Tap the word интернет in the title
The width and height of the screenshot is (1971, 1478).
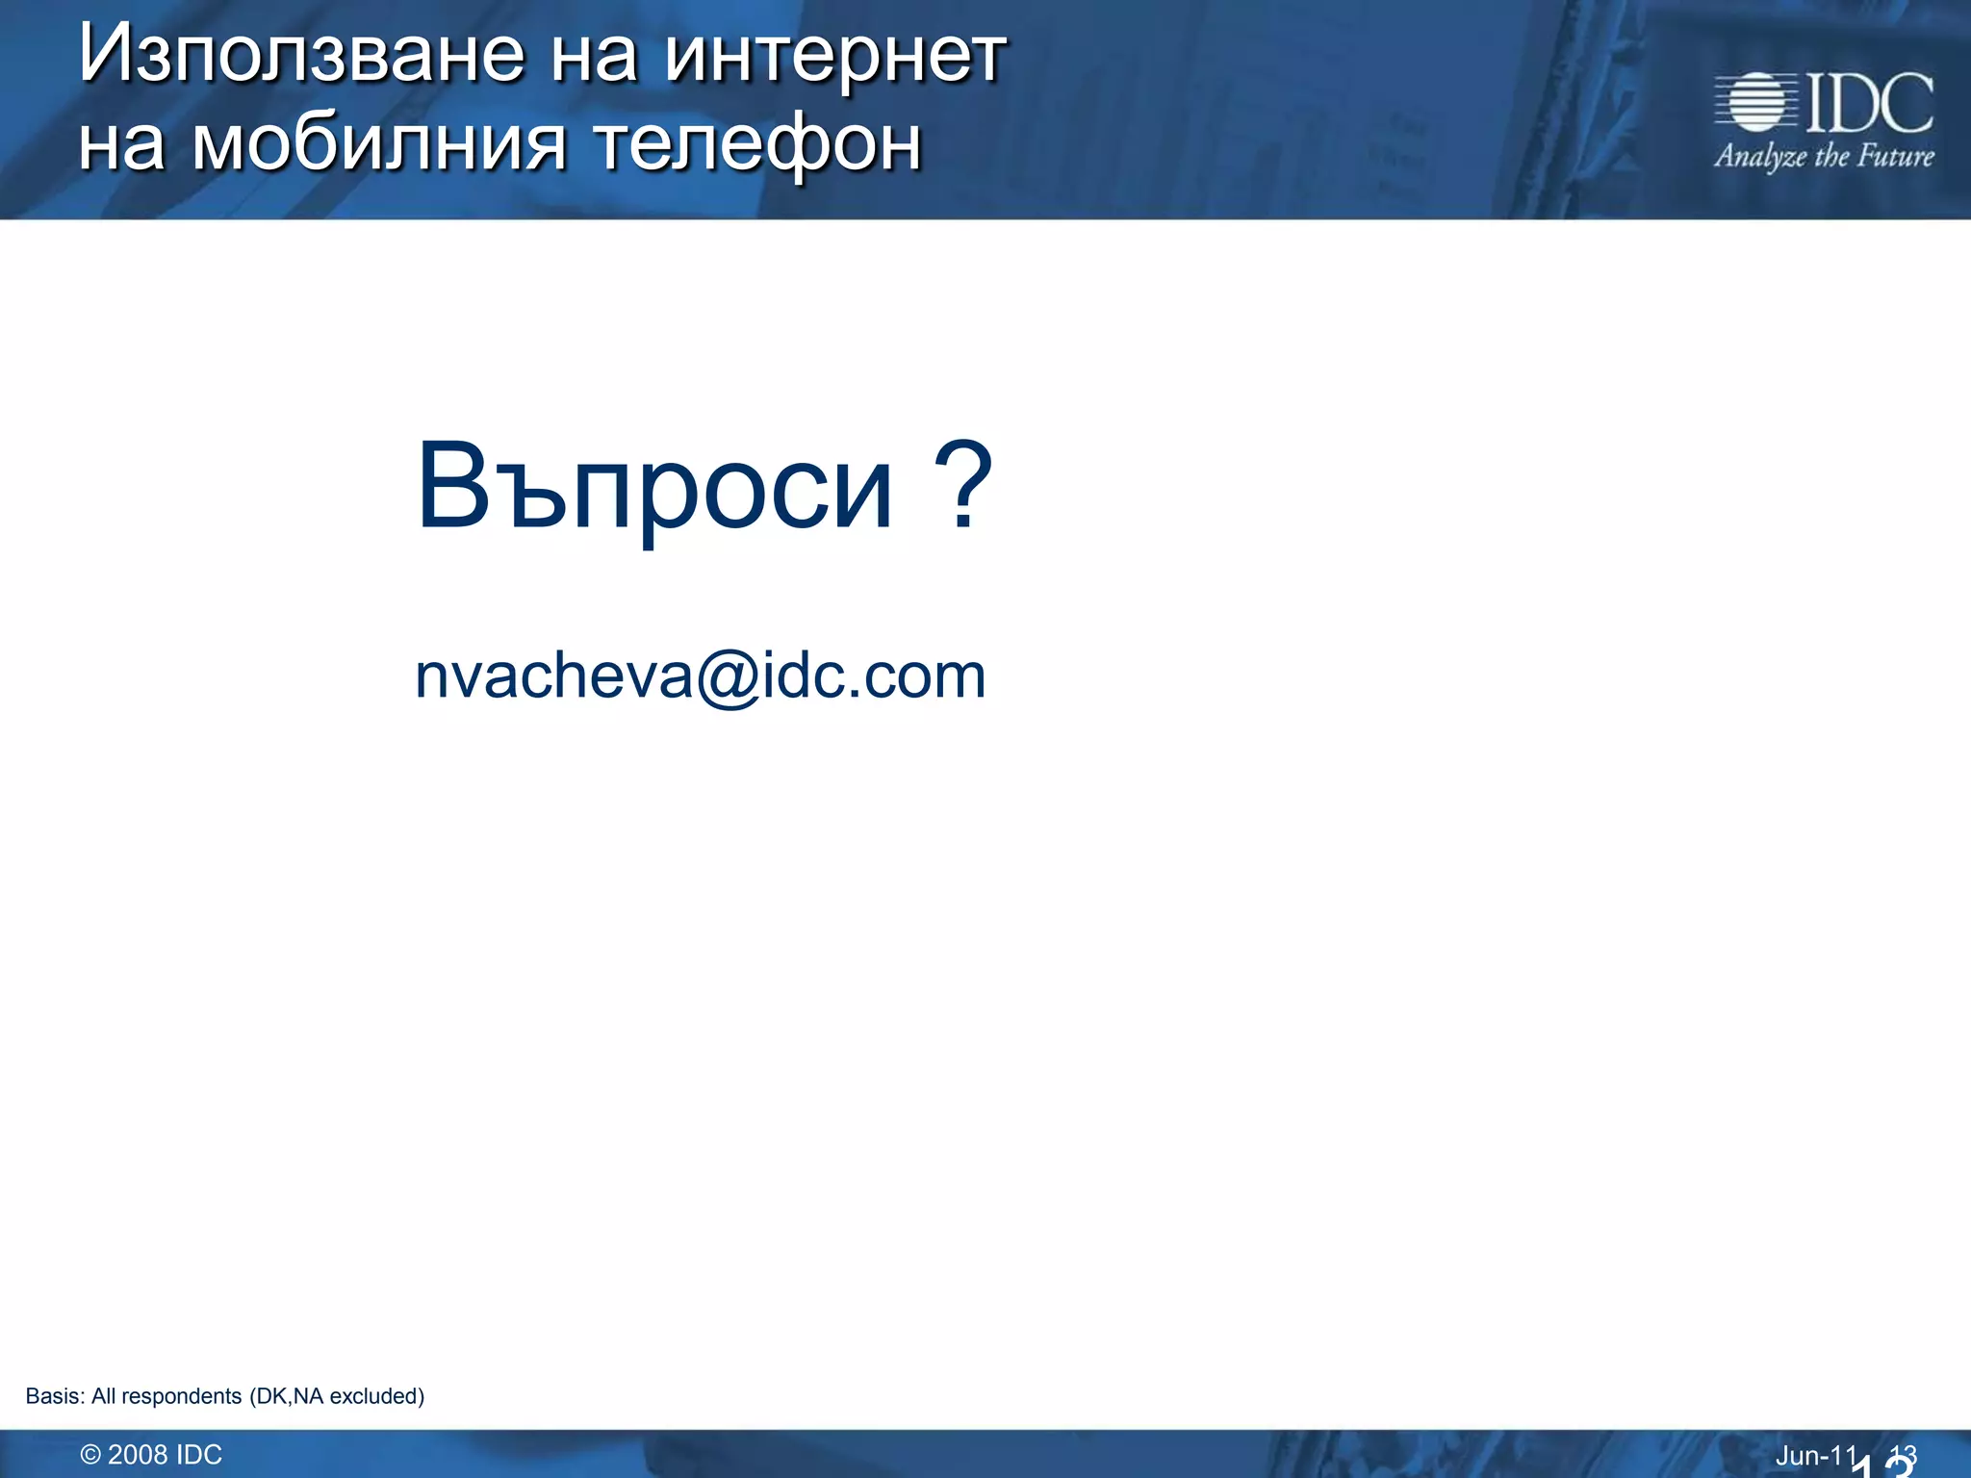834,56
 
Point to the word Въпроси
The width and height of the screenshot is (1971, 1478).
654,489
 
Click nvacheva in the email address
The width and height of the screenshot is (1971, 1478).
553,675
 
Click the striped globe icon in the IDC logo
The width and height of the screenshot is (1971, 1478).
1755,101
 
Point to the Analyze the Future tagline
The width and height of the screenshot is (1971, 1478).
1824,156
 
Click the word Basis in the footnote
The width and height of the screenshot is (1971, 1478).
52,1396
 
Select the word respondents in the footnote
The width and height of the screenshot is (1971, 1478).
182,1396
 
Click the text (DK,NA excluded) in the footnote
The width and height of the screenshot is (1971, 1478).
337,1396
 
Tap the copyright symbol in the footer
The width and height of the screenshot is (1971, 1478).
90,1455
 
